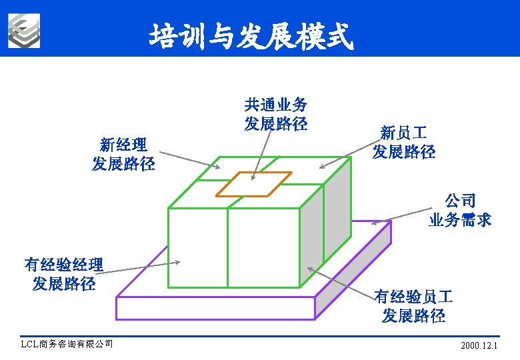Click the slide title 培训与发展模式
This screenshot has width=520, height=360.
point(251,36)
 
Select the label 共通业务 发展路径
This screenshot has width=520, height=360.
point(275,114)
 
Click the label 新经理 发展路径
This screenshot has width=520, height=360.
point(123,154)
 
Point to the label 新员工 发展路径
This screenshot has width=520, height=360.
point(404,142)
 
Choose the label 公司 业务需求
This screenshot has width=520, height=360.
point(460,210)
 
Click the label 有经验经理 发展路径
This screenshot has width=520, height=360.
point(63,273)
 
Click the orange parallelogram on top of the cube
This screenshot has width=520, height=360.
point(253,184)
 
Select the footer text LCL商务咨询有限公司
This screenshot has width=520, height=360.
point(67,344)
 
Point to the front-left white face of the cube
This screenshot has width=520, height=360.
point(197,247)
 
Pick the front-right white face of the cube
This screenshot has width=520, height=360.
point(263,247)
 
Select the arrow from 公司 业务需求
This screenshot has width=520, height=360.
point(400,217)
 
